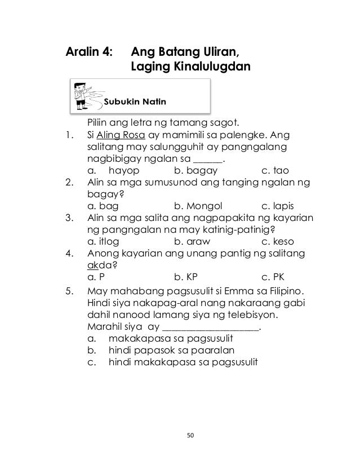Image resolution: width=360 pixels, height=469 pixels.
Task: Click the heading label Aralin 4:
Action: click(x=90, y=53)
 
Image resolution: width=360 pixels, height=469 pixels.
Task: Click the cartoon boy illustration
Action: click(x=85, y=95)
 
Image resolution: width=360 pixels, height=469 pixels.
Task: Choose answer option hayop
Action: click(x=125, y=169)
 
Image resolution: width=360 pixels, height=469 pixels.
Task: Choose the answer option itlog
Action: click(x=102, y=241)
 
